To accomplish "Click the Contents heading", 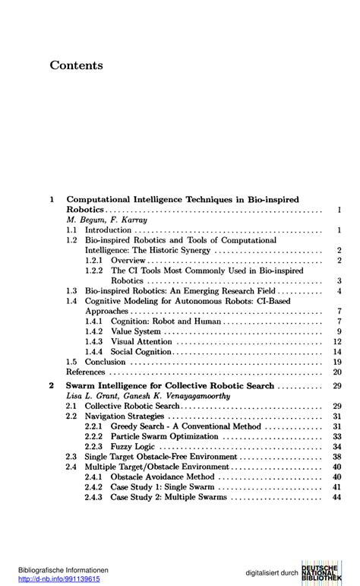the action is [76, 65].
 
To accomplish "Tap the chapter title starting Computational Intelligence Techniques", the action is [182, 199].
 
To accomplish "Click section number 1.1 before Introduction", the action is [71, 229].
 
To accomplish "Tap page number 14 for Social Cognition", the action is [337, 352].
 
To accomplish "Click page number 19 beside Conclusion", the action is [337, 363].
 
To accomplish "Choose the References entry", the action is [85, 372].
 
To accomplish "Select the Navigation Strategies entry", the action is [125, 417].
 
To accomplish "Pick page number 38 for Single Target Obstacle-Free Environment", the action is [337, 457].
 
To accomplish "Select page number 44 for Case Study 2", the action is [337, 497].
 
